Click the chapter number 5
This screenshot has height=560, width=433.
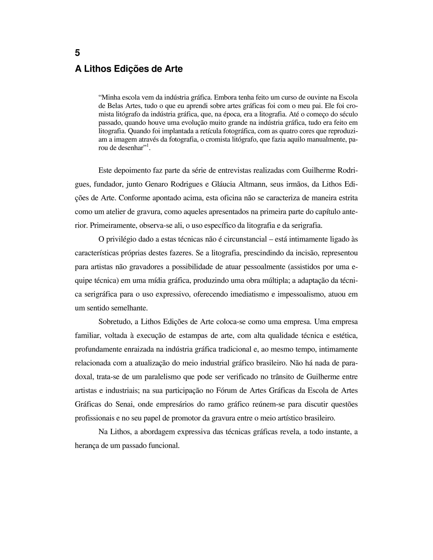coord(77,53)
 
